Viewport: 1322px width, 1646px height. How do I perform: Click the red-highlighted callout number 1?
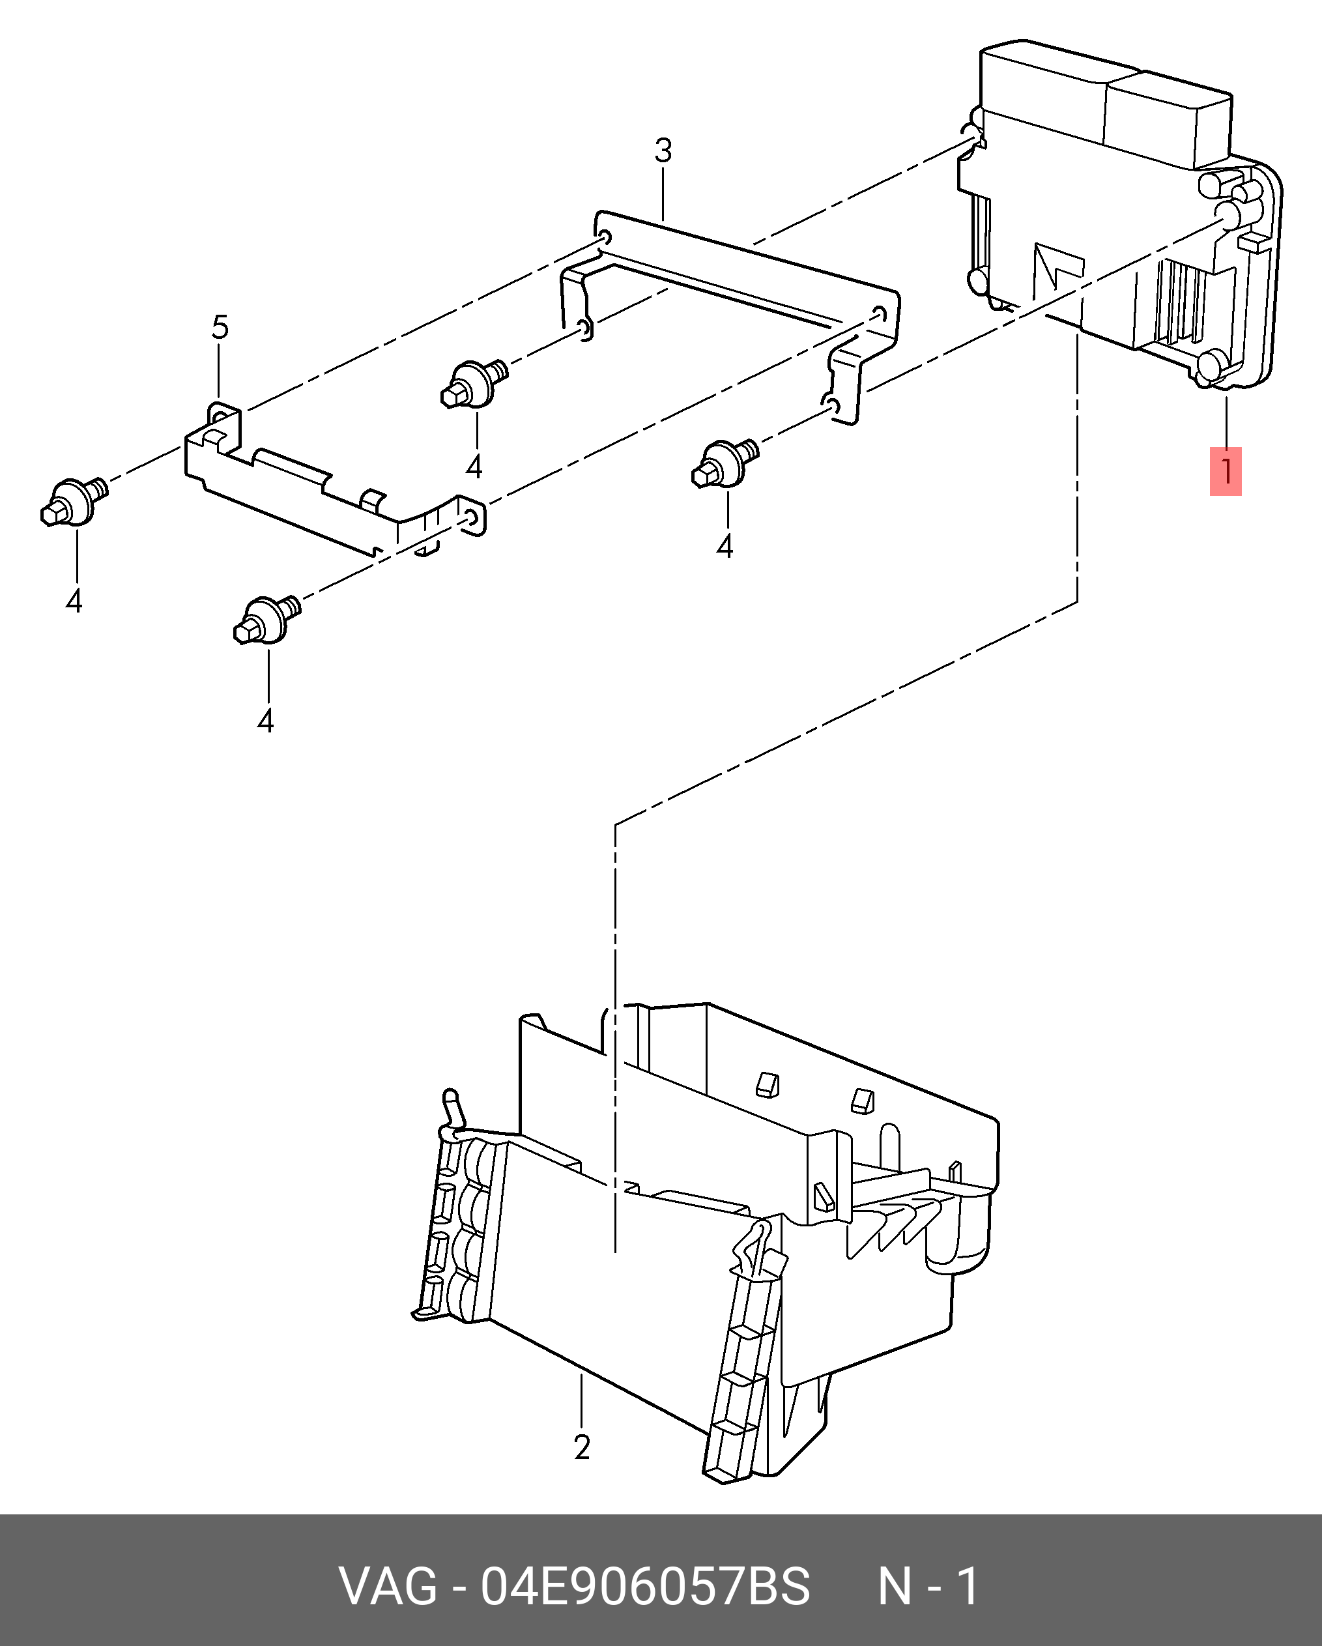(1225, 471)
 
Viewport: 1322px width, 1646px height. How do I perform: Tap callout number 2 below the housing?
(582, 1447)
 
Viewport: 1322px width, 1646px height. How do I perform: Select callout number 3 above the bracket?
(663, 151)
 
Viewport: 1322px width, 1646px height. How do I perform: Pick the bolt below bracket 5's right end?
(266, 619)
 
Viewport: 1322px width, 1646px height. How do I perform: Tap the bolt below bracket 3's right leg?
(725, 463)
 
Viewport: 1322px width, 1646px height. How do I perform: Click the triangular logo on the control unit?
(1059, 270)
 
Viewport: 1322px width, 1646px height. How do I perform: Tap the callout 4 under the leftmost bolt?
(74, 601)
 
